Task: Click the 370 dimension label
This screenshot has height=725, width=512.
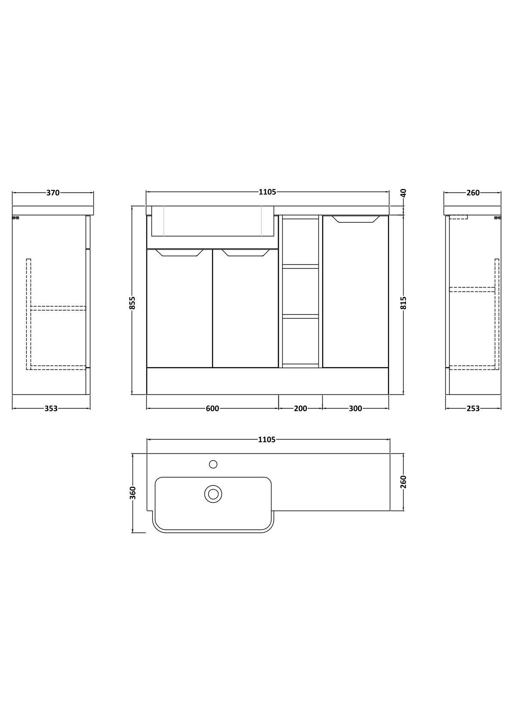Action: pos(53,193)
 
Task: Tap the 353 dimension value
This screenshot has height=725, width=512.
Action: pos(51,409)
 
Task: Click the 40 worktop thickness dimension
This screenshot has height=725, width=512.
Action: pos(403,193)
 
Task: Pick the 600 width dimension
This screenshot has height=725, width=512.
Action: pos(212,409)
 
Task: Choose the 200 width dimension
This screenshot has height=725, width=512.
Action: pos(300,409)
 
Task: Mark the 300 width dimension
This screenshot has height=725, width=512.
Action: pos(355,409)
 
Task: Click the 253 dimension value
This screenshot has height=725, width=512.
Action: pos(473,409)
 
